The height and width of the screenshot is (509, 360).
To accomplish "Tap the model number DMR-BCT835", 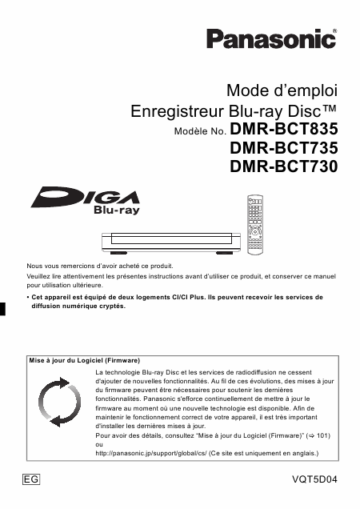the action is (x=284, y=128).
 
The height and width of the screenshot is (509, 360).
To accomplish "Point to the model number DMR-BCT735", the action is (x=284, y=148).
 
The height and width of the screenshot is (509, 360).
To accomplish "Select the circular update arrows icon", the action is (x=56, y=404).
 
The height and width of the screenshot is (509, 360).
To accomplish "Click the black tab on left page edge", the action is (x=3, y=309).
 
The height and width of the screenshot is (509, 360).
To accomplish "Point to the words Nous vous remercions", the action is (x=59, y=265).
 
